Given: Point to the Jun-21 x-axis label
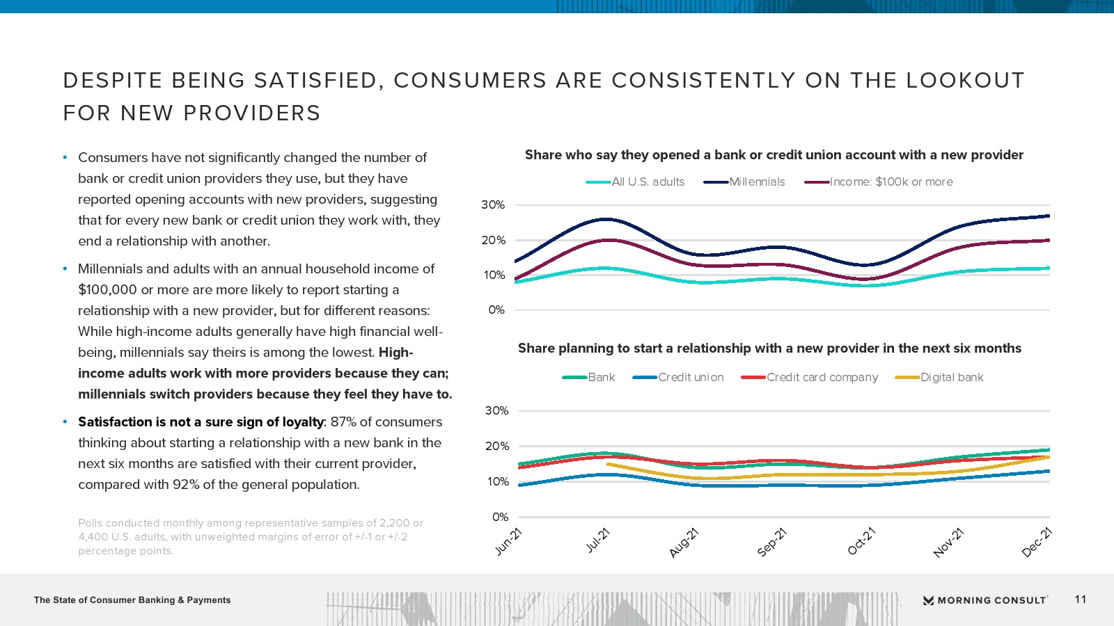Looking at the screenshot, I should pyautogui.click(x=509, y=542).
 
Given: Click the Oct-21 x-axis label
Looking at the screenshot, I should pyautogui.click(x=862, y=542).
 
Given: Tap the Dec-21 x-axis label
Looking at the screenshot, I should pyautogui.click(x=1037, y=543).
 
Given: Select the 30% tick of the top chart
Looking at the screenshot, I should pyautogui.click(x=493, y=205).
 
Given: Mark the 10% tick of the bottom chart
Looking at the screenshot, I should pyautogui.click(x=496, y=482).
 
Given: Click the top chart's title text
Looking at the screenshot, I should pyautogui.click(x=774, y=155).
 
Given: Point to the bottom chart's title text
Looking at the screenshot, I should pyautogui.click(x=769, y=348).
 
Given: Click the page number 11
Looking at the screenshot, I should pyautogui.click(x=1081, y=600).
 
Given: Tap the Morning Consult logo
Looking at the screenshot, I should pyautogui.click(x=985, y=600).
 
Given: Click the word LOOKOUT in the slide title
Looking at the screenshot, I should pyautogui.click(x=966, y=81).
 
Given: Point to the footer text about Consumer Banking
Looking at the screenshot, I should pyautogui.click(x=132, y=600).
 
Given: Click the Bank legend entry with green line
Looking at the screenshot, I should pyautogui.click(x=601, y=378).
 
